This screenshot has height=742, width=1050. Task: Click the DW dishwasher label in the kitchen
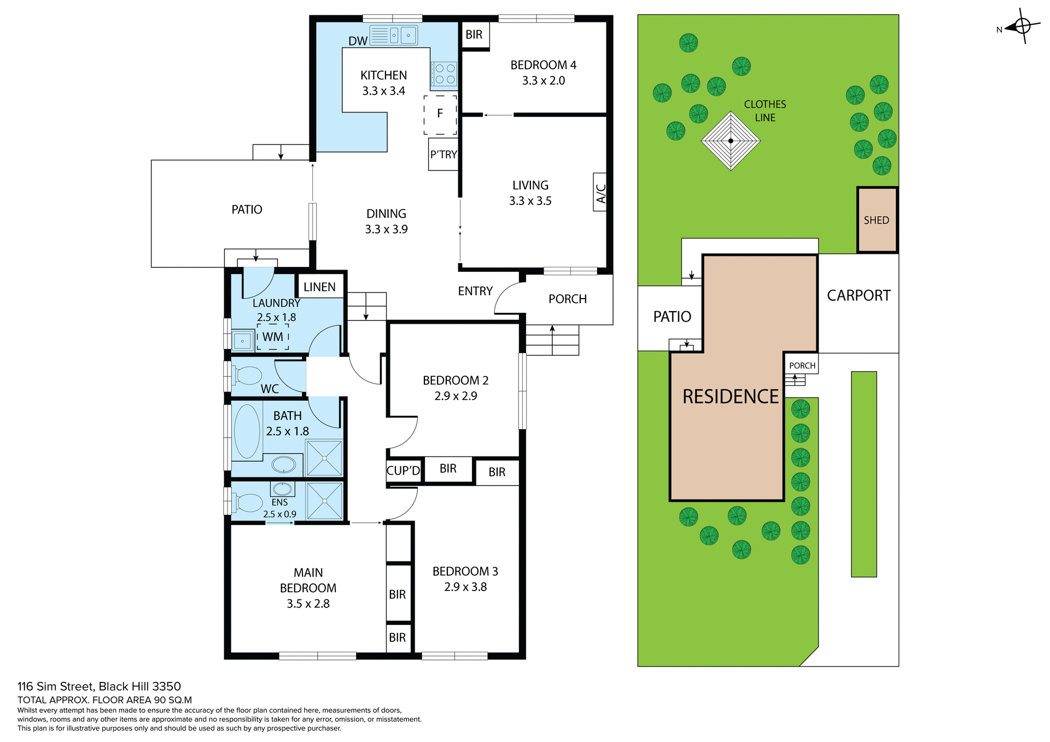click(358, 41)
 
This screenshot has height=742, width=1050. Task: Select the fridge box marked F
click(440, 114)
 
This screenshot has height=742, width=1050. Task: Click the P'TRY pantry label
click(443, 155)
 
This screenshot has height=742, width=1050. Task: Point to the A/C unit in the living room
click(600, 192)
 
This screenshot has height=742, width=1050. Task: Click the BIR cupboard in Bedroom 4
click(474, 35)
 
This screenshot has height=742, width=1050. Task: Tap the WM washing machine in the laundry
click(273, 337)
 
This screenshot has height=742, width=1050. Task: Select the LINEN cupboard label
click(319, 287)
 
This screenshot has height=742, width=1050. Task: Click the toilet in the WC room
click(247, 376)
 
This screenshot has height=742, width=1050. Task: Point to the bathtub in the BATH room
click(247, 431)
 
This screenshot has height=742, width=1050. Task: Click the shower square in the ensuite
click(324, 501)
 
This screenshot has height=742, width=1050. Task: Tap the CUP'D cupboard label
click(403, 471)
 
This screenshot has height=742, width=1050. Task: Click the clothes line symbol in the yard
click(731, 141)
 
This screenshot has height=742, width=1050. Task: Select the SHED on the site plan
click(876, 220)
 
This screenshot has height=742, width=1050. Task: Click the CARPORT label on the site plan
click(859, 296)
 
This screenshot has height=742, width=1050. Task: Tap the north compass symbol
click(1022, 26)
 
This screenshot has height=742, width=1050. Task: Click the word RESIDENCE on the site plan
click(730, 396)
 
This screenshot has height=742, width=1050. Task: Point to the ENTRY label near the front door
click(475, 291)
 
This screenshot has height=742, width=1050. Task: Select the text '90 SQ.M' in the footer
click(173, 700)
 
